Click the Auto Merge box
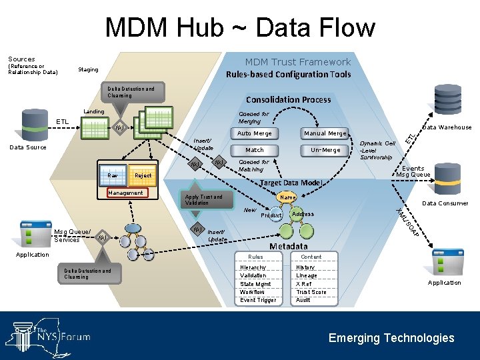click(x=254, y=133)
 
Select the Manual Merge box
click(x=325, y=133)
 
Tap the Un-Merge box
click(x=325, y=150)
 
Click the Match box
click(x=254, y=150)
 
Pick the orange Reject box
click(x=143, y=175)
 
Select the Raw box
click(x=113, y=175)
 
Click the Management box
click(x=125, y=193)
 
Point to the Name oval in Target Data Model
click(x=287, y=198)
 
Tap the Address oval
click(x=303, y=214)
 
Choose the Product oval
click(x=271, y=215)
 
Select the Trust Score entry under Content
click(x=311, y=292)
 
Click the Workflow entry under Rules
click(x=252, y=292)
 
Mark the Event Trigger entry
click(x=257, y=300)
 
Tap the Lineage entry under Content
click(x=307, y=276)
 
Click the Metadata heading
click(x=288, y=246)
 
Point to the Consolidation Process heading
click(x=288, y=100)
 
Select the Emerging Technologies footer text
click(x=391, y=338)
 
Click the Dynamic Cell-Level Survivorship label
click(x=377, y=150)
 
